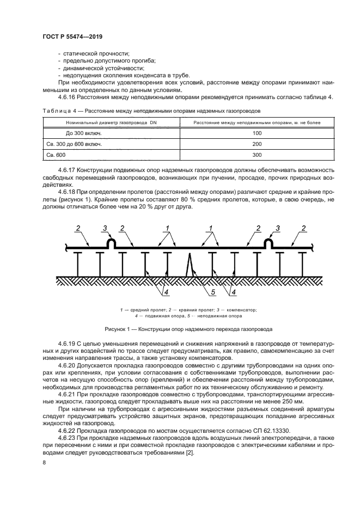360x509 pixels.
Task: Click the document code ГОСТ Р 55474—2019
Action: [72, 36]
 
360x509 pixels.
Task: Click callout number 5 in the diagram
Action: [213, 293]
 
